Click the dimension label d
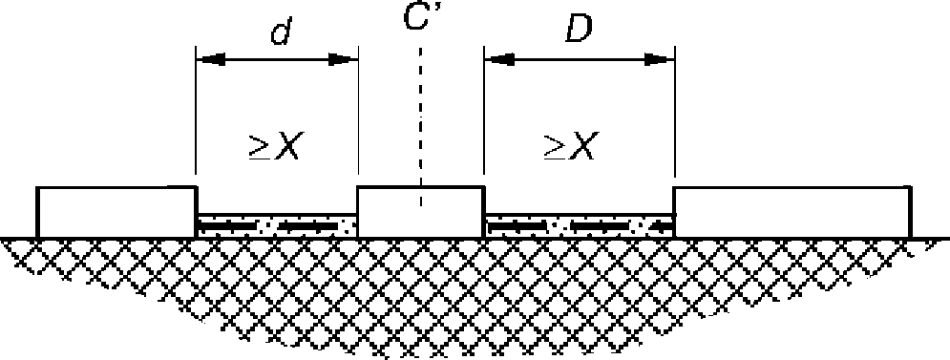(x=281, y=31)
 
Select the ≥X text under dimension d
(x=274, y=147)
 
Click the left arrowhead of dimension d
(x=210, y=59)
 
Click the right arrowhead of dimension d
(x=343, y=59)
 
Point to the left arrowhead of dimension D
(x=500, y=59)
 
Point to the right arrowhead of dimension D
(x=659, y=59)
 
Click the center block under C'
(x=420, y=212)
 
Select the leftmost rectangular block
(x=116, y=212)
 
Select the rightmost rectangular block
(x=792, y=212)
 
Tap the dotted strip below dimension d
(x=277, y=226)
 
